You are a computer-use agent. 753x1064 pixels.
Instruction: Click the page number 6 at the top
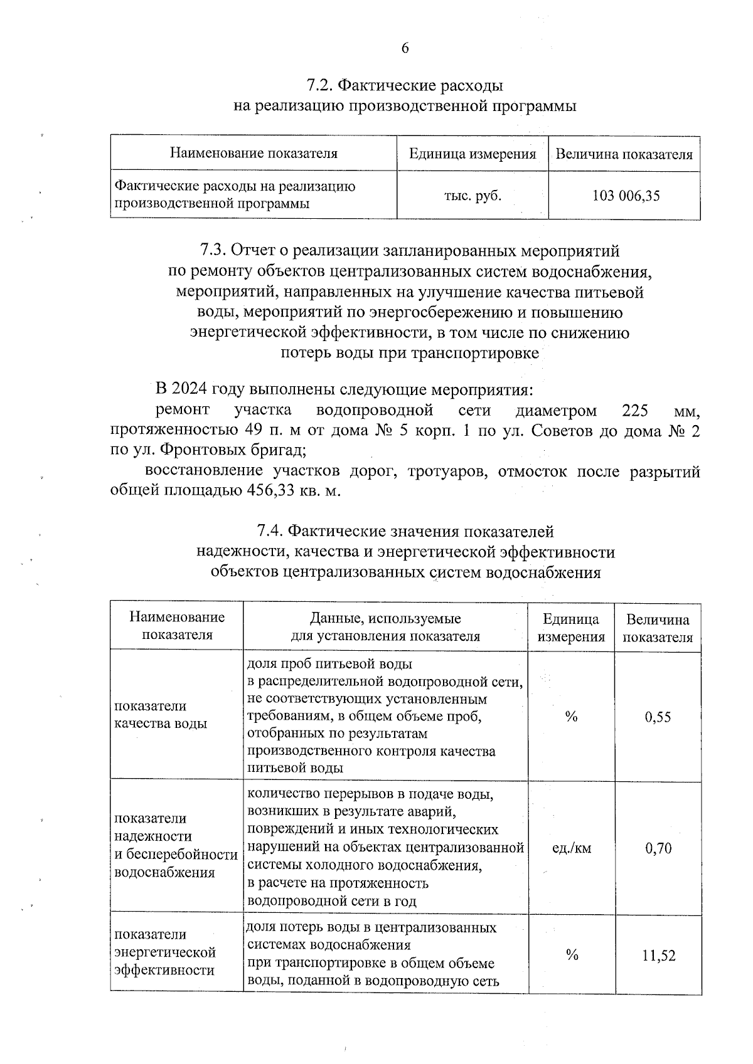[405, 49]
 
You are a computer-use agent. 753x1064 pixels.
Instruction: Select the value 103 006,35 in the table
[626, 196]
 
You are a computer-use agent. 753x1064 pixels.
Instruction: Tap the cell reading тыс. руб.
[473, 196]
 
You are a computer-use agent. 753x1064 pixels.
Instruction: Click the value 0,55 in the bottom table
[658, 717]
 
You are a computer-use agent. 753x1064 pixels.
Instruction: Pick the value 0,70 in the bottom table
[658, 848]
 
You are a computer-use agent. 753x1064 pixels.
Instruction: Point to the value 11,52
[658, 956]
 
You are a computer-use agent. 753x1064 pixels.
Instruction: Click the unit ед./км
[571, 848]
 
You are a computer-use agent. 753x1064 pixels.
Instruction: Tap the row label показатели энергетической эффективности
[164, 952]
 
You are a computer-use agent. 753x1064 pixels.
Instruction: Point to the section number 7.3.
[213, 251]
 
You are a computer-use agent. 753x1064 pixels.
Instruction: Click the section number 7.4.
[271, 532]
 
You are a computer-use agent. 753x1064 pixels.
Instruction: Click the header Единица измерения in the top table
[473, 154]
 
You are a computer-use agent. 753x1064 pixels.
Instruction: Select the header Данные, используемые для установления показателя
[385, 628]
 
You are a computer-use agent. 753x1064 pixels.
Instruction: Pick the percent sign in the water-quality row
[571, 717]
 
